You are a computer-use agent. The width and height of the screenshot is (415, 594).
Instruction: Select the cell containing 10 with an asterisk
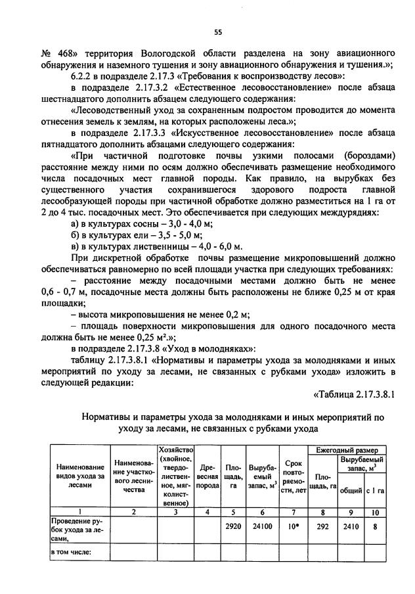[292, 526]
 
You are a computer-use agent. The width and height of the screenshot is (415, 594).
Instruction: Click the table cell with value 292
[322, 526]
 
